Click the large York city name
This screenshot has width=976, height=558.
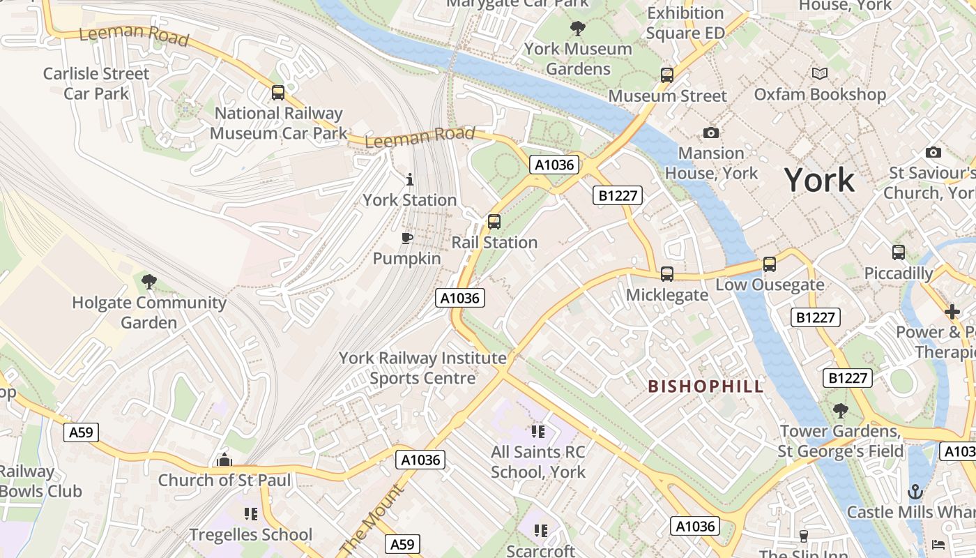(x=819, y=180)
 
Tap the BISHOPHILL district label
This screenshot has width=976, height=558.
(x=706, y=386)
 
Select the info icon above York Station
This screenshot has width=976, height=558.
(x=409, y=180)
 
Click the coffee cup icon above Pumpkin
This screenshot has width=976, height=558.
(x=407, y=239)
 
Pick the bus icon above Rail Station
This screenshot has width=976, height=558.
(x=494, y=222)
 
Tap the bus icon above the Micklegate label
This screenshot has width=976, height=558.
(x=667, y=274)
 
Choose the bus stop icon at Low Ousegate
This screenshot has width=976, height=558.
(x=770, y=264)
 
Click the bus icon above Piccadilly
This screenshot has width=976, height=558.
(x=899, y=252)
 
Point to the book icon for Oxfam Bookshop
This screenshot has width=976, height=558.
(x=820, y=73)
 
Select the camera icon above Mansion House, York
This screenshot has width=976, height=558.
(x=711, y=133)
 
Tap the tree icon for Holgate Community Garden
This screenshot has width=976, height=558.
(x=148, y=282)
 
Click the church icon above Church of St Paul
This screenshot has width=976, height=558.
(x=224, y=460)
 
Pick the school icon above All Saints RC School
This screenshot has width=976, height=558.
(x=537, y=432)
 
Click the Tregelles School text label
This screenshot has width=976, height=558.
(x=251, y=535)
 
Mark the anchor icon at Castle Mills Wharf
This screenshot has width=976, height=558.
(x=915, y=492)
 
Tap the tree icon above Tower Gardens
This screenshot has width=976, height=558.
(x=841, y=411)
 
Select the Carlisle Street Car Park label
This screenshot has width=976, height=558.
(x=96, y=84)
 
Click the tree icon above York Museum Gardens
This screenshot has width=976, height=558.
(x=577, y=29)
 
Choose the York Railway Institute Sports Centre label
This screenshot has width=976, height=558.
(x=422, y=368)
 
